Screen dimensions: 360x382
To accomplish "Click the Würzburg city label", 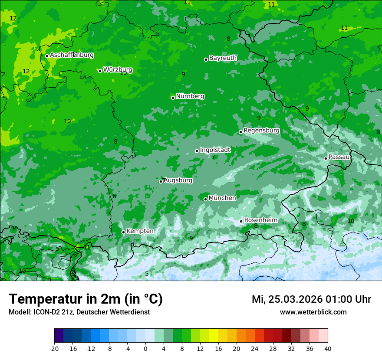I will point(118,70).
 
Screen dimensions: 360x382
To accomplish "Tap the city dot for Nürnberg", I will point(173,98).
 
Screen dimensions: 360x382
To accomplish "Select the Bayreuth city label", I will point(223,58).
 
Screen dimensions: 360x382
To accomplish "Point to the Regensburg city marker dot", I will point(240,132).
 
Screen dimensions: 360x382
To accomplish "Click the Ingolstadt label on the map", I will point(215,150).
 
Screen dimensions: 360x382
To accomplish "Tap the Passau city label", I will point(339,157).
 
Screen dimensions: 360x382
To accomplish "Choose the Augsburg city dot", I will point(161,181).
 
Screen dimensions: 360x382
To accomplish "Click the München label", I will point(222,198).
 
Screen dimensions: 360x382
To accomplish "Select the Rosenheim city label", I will point(260,220).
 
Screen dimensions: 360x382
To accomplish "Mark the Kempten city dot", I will point(123,232).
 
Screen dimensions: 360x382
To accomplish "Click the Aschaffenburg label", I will point(72,55).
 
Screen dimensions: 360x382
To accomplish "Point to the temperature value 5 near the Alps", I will point(147,274).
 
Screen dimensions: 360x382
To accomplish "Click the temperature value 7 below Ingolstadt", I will point(213,157).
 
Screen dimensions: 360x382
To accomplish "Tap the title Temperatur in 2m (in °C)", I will point(86,299).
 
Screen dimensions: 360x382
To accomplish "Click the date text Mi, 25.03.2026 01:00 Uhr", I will point(311,299).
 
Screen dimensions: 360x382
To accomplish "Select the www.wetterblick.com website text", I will point(313,312).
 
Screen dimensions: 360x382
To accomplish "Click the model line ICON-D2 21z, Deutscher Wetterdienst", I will point(79,312).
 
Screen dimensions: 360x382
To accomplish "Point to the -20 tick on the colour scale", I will point(54,349).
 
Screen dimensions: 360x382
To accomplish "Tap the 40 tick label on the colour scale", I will point(328,349).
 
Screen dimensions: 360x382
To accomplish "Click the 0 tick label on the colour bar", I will point(145,349).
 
